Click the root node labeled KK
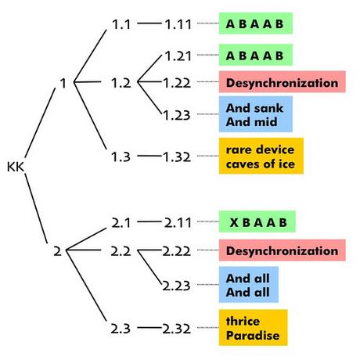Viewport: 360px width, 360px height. pyautogui.click(x=16, y=167)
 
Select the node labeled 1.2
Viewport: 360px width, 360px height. pyautogui.click(x=121, y=83)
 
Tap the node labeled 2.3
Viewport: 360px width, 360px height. pyautogui.click(x=121, y=329)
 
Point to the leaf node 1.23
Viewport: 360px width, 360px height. pyautogui.click(x=177, y=115)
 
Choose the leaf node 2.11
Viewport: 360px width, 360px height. pyautogui.click(x=178, y=222)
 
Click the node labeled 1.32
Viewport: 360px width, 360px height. pyautogui.click(x=177, y=157)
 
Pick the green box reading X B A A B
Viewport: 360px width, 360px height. pyautogui.click(x=257, y=221)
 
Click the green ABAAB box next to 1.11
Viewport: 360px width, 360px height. pyautogui.click(x=256, y=23)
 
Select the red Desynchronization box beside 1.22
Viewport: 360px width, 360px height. pyautogui.click(x=283, y=81)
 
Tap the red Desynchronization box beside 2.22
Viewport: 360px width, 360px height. pyautogui.click(x=283, y=250)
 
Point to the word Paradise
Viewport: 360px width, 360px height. pyautogui.click(x=253, y=335)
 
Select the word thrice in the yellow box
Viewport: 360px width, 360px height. pyautogui.click(x=243, y=321)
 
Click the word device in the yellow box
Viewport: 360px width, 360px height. pyautogui.click(x=275, y=149)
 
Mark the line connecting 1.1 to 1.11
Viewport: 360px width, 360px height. pyautogui.click(x=149, y=23)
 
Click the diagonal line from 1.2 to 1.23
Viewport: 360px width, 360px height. pyautogui.click(x=149, y=98)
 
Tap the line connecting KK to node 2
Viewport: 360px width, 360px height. pyautogui.click(x=36, y=208)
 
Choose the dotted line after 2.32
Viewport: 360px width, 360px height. pyautogui.click(x=208, y=327)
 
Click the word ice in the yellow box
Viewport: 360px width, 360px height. pyautogui.click(x=286, y=164)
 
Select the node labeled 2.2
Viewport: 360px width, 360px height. pyautogui.click(x=121, y=251)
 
